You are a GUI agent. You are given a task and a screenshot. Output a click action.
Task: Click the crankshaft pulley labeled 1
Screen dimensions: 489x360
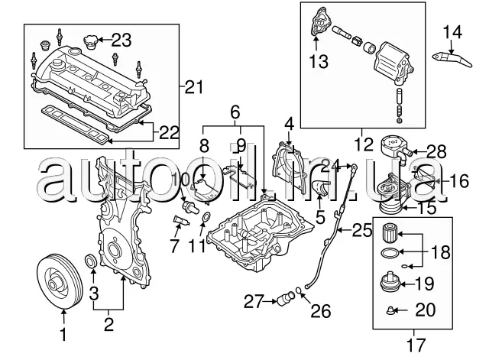tap(60, 282)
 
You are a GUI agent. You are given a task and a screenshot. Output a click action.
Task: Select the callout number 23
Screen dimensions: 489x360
tap(121, 41)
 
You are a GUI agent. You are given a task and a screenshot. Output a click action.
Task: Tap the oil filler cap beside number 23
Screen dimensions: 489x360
tap(90, 43)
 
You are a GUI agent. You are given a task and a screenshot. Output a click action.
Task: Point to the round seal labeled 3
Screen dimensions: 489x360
tap(91, 261)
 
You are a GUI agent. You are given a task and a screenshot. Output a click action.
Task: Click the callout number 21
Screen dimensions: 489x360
tap(193, 86)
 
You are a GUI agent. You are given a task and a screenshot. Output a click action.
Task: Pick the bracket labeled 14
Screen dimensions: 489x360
tap(452, 60)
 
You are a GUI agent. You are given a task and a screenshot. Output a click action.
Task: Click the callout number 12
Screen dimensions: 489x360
tap(364, 144)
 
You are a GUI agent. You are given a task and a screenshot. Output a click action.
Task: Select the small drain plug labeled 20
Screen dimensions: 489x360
tap(390, 310)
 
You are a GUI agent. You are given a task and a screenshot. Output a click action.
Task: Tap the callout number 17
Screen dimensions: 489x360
tap(416, 345)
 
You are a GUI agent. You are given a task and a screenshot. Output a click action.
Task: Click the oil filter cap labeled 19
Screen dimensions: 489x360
tap(390, 282)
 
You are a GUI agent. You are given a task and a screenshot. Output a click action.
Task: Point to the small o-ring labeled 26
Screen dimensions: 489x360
tap(298, 290)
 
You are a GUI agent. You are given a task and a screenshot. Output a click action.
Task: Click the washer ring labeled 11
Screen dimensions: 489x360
tap(206, 219)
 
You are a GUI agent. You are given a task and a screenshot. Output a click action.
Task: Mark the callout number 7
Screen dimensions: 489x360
tap(175, 245)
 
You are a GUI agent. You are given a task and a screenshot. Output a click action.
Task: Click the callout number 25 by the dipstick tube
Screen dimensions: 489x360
tap(362, 230)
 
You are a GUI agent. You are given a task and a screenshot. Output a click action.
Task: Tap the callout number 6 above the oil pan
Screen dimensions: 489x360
tap(235, 112)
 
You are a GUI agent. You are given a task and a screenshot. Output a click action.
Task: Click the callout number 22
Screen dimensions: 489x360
tap(170, 133)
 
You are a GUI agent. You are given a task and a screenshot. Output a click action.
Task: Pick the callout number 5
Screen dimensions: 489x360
tap(320, 217)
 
